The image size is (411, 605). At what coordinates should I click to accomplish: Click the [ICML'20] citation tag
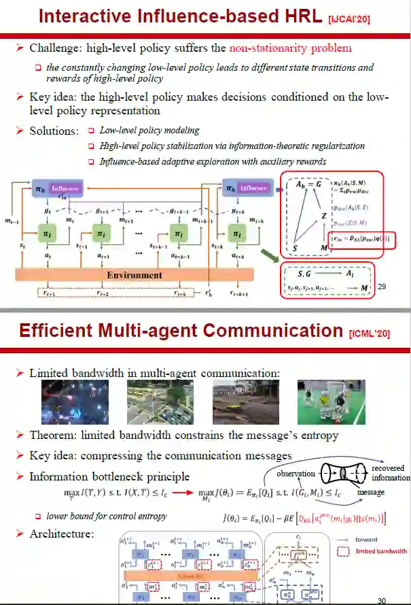pyautogui.click(x=371, y=334)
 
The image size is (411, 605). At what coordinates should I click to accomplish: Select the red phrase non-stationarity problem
pyautogui.click(x=291, y=48)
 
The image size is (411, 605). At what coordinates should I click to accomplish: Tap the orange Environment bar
pyautogui.click(x=134, y=275)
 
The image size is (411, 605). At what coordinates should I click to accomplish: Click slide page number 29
pyautogui.click(x=382, y=287)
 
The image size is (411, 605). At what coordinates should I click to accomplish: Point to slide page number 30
pyautogui.click(x=382, y=600)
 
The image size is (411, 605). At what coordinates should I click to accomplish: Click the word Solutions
pyautogui.click(x=53, y=130)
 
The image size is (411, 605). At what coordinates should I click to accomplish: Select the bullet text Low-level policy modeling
pyautogui.click(x=149, y=130)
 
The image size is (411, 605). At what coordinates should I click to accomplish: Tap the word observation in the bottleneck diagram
pyautogui.click(x=295, y=474)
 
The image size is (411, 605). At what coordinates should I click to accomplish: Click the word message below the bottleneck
pyautogui.click(x=371, y=492)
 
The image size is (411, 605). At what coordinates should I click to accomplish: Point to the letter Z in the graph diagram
pyautogui.click(x=324, y=216)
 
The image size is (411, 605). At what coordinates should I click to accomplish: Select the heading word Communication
pyautogui.click(x=272, y=331)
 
